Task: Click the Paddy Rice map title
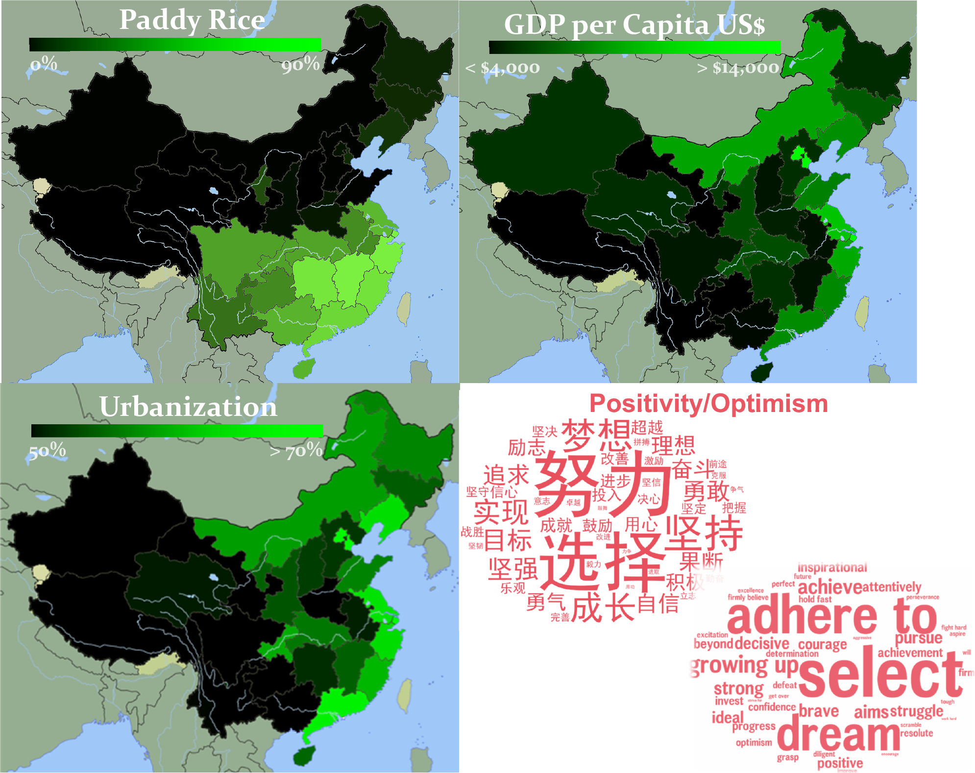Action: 192,21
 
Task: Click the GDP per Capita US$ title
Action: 634,25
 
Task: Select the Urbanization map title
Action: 188,407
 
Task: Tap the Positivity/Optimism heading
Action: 708,404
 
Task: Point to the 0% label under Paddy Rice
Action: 44,64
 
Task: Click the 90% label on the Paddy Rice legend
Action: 300,64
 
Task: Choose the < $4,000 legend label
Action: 503,68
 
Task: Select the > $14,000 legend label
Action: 738,68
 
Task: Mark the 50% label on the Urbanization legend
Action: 47,451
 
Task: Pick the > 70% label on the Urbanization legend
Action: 296,451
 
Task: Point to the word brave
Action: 819,711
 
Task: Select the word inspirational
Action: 832,567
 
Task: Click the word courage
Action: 822,644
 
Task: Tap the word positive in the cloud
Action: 840,763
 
